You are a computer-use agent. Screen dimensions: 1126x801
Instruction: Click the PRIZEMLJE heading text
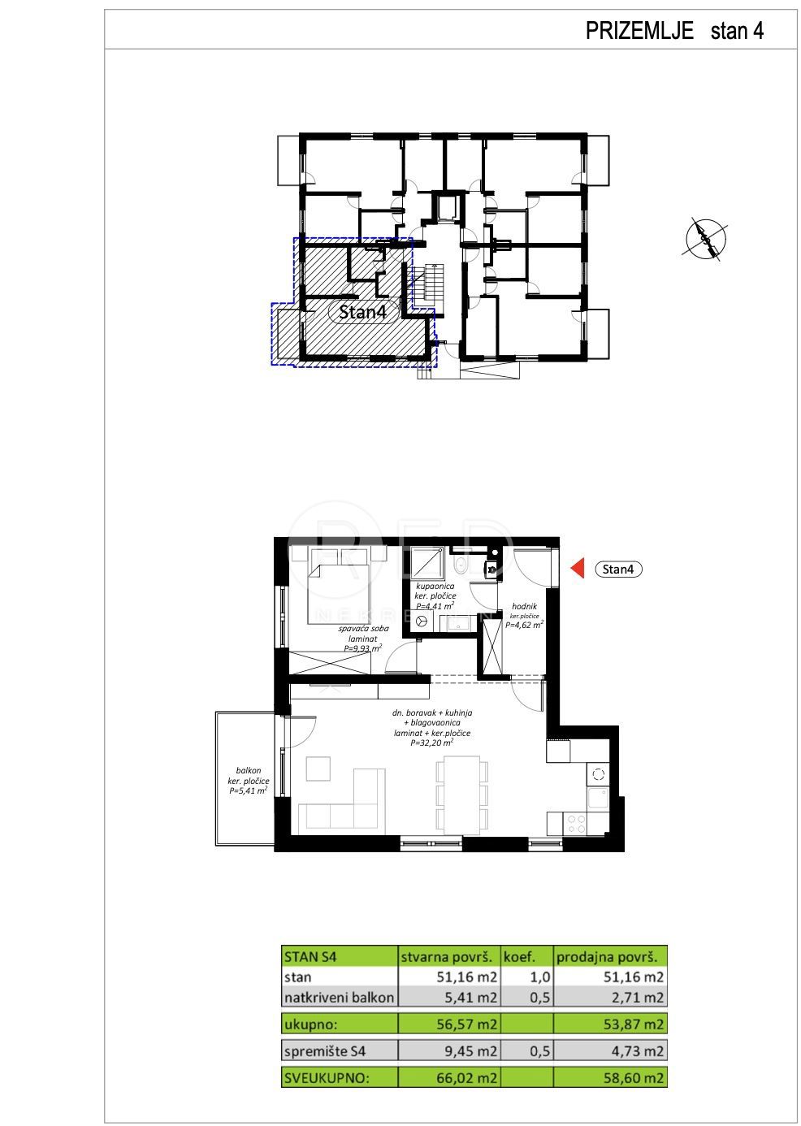(x=639, y=31)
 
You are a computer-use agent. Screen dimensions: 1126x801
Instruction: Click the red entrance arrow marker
(x=578, y=569)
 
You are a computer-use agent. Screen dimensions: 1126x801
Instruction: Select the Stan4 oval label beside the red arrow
(x=617, y=569)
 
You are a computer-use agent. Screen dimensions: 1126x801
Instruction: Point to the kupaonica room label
(x=435, y=586)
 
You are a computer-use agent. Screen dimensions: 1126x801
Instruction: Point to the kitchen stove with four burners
(x=576, y=823)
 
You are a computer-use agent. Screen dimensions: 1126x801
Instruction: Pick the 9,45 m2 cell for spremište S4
(x=471, y=1050)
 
